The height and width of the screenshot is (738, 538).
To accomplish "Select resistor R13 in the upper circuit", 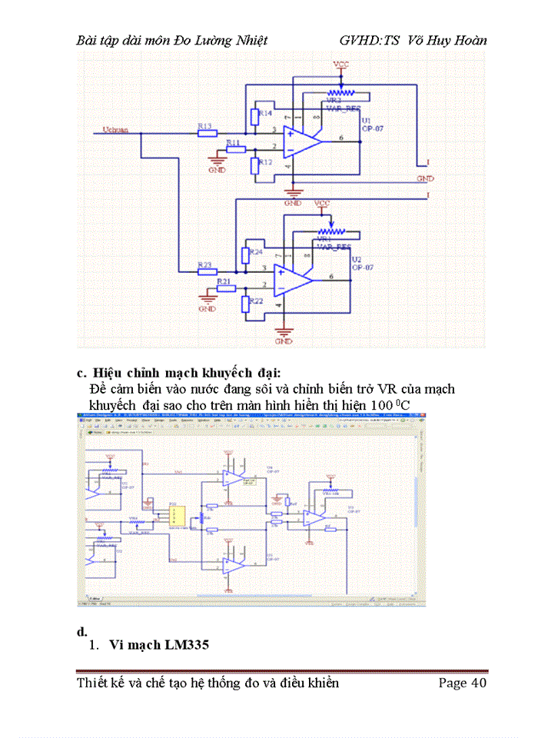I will tap(208, 132).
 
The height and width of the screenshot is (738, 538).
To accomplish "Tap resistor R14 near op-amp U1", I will tap(254, 118).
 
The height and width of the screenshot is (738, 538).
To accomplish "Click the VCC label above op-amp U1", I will tap(341, 65).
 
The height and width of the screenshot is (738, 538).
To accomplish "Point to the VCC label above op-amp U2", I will tap(323, 203).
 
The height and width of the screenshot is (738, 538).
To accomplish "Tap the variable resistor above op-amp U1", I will tap(353, 95).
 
